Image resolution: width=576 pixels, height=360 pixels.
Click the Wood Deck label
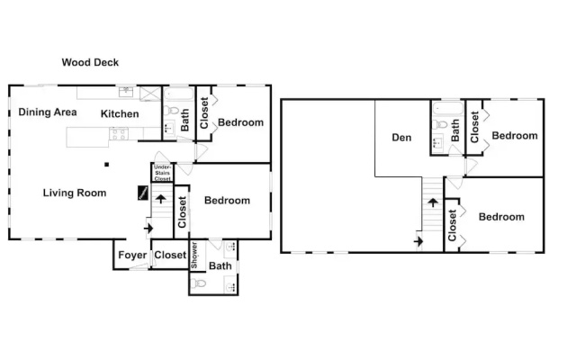pos(90,62)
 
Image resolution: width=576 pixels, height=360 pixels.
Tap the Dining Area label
pos(48,112)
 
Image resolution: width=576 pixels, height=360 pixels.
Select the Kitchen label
pos(120,114)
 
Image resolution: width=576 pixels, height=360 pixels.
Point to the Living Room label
pos(75,193)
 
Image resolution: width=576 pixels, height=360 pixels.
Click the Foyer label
pos(132,255)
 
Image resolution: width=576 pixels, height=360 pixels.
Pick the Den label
pos(401,138)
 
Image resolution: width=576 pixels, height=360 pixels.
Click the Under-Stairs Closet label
pos(162,173)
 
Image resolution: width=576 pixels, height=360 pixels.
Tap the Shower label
pos(194,256)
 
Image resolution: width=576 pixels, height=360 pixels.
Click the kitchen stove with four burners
pos(119,134)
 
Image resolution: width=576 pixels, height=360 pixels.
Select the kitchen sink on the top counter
pos(126,92)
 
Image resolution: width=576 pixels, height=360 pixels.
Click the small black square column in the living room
pos(106,165)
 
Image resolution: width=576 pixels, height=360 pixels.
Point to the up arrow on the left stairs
pos(160,199)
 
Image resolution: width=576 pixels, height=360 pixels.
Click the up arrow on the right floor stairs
pos(433,202)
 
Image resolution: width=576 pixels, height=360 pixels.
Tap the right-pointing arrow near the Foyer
pos(148,228)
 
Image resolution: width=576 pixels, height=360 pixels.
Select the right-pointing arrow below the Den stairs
pos(418,241)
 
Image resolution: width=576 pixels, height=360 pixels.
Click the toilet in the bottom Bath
pos(199,283)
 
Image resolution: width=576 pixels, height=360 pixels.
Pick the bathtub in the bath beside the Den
pos(448,108)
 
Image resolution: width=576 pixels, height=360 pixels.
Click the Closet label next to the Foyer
pos(170,255)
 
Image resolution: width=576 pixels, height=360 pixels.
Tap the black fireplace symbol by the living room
pos(143,193)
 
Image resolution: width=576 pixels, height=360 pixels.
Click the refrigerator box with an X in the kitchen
pos(150,94)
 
